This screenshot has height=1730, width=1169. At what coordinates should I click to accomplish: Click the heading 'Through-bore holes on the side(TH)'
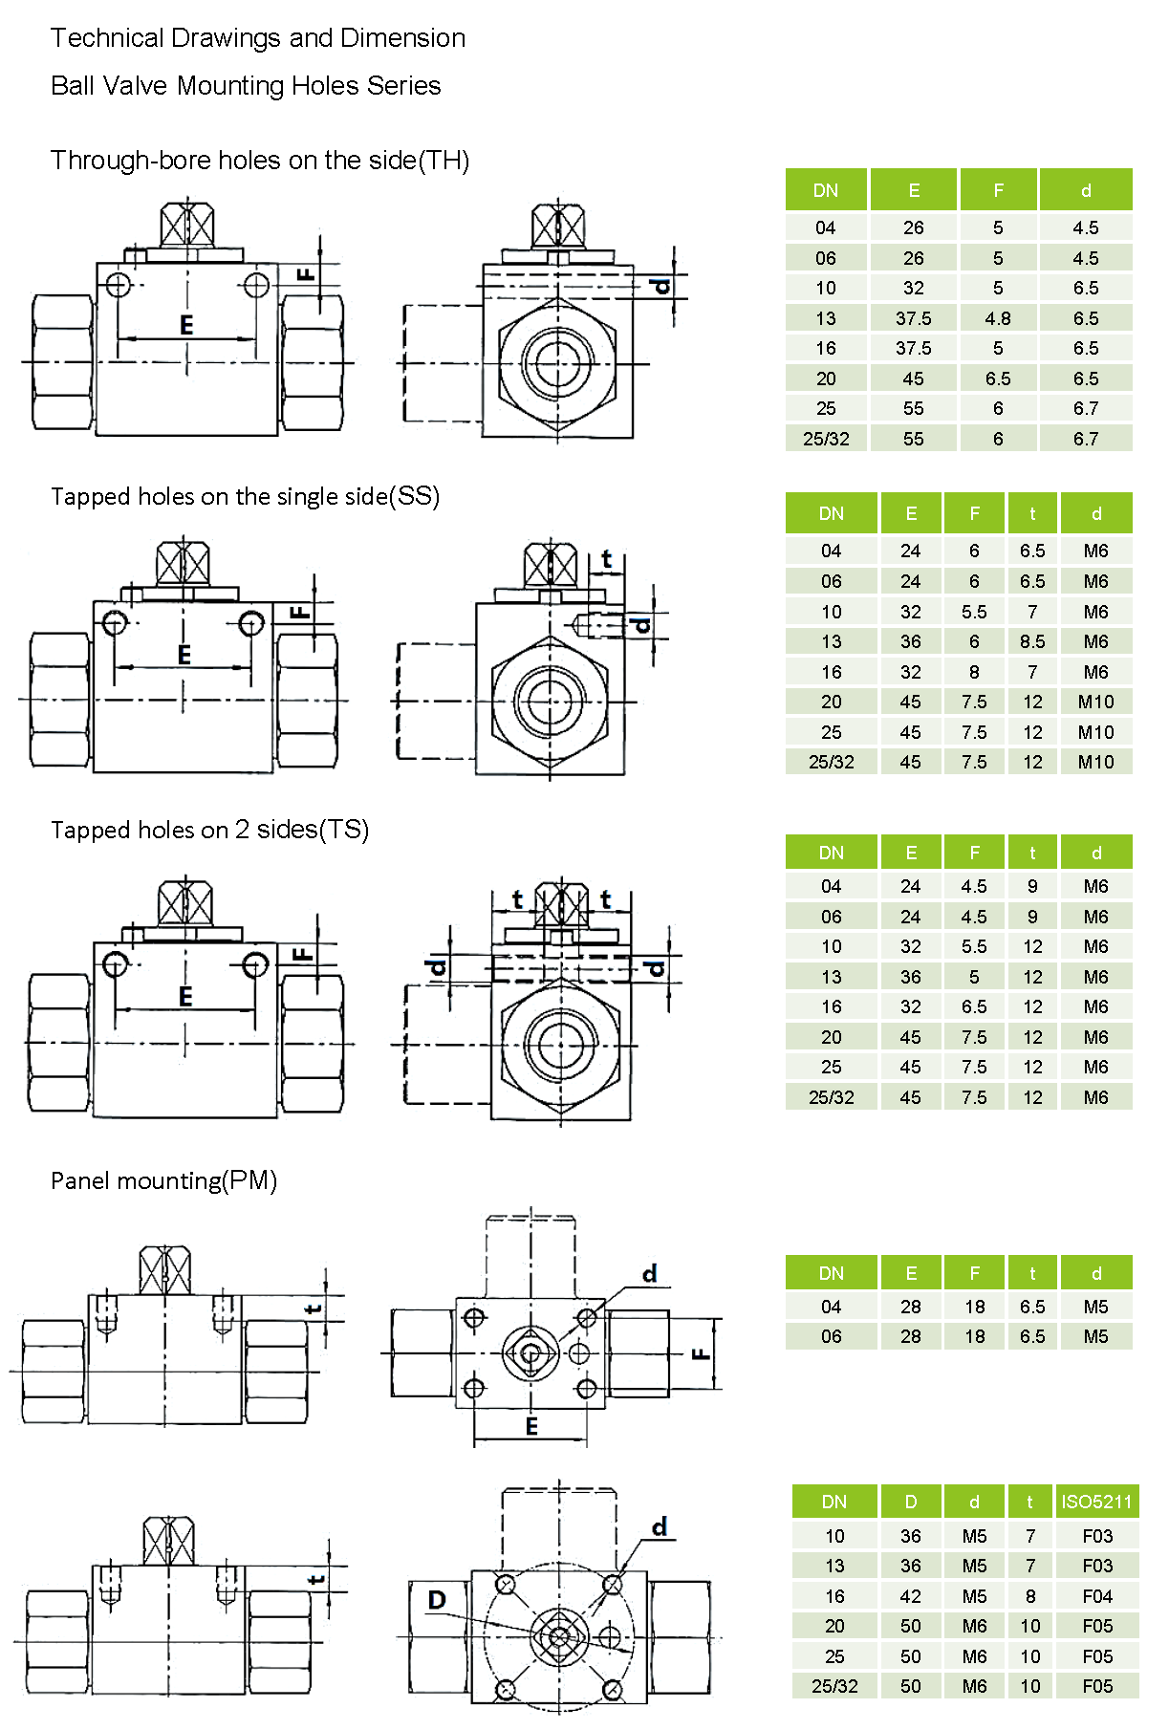click(x=260, y=160)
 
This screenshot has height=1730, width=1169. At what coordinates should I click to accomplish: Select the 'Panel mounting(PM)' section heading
click(x=163, y=1180)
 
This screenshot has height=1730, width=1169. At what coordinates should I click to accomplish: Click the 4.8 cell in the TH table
click(x=998, y=318)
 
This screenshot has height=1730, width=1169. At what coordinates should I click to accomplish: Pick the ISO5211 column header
click(x=1095, y=1502)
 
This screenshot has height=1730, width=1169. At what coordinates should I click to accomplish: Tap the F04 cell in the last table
click(x=1097, y=1596)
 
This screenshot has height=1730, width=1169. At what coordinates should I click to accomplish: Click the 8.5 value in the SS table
click(x=1032, y=641)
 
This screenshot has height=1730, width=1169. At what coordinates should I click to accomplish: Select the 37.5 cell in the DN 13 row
click(x=913, y=318)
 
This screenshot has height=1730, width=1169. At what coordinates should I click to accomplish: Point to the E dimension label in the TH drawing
click(x=186, y=325)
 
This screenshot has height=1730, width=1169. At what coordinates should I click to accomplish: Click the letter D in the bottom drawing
click(x=437, y=1600)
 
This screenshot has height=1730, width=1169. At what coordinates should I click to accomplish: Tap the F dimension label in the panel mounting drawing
click(x=701, y=1353)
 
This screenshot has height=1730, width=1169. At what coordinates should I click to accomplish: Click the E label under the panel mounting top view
click(x=531, y=1426)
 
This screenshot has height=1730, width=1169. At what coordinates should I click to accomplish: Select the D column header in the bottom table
click(x=910, y=1502)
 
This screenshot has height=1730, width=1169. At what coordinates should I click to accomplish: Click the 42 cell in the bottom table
click(x=910, y=1596)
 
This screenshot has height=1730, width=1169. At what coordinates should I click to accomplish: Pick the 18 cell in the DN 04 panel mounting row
click(x=974, y=1307)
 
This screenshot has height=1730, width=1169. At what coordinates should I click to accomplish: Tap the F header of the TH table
click(x=998, y=190)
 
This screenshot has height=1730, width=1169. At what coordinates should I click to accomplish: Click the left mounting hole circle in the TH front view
click(x=119, y=285)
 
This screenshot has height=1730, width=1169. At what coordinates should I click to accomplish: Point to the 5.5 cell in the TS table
click(x=974, y=946)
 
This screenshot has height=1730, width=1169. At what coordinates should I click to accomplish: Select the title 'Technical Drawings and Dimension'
click(x=258, y=38)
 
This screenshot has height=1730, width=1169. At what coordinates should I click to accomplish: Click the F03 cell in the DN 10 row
click(x=1097, y=1536)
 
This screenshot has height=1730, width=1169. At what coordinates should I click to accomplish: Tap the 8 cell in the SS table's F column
click(x=974, y=672)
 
